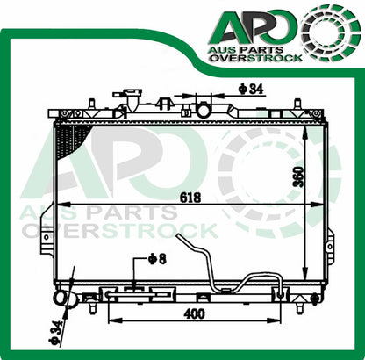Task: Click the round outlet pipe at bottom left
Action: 65,300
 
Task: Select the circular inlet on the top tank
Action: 204,110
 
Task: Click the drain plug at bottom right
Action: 315,299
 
